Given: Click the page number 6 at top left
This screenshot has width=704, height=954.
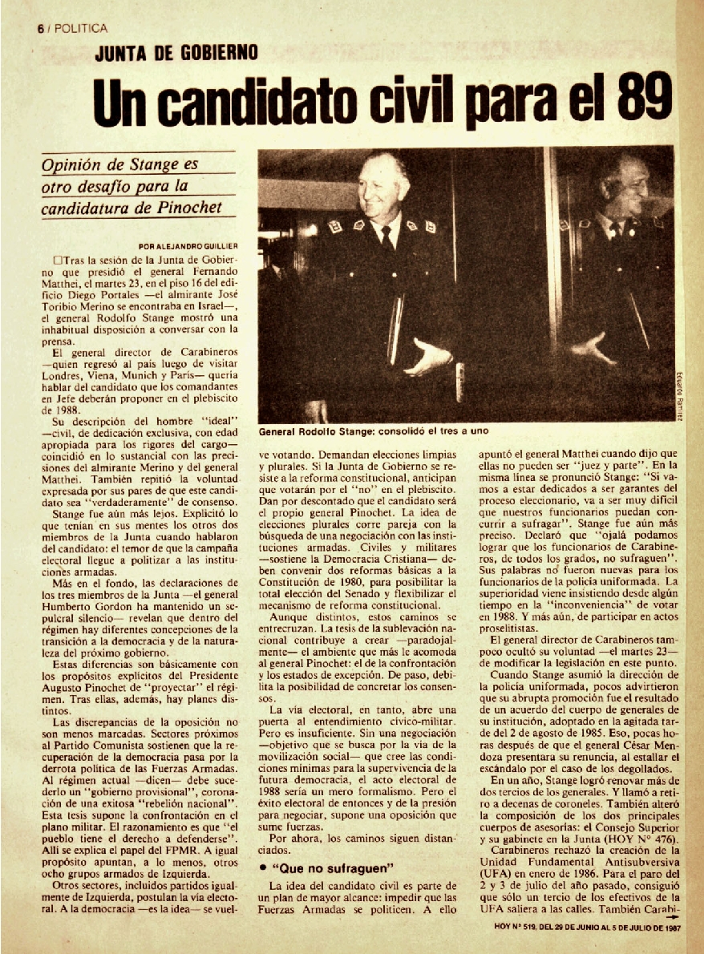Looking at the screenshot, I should [x=39, y=28].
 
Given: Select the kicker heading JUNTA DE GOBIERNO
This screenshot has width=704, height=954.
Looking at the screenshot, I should [x=176, y=55].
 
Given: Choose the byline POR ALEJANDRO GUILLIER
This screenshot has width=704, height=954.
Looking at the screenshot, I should [x=187, y=246].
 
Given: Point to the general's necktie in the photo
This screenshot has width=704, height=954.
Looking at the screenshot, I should [x=388, y=238].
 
